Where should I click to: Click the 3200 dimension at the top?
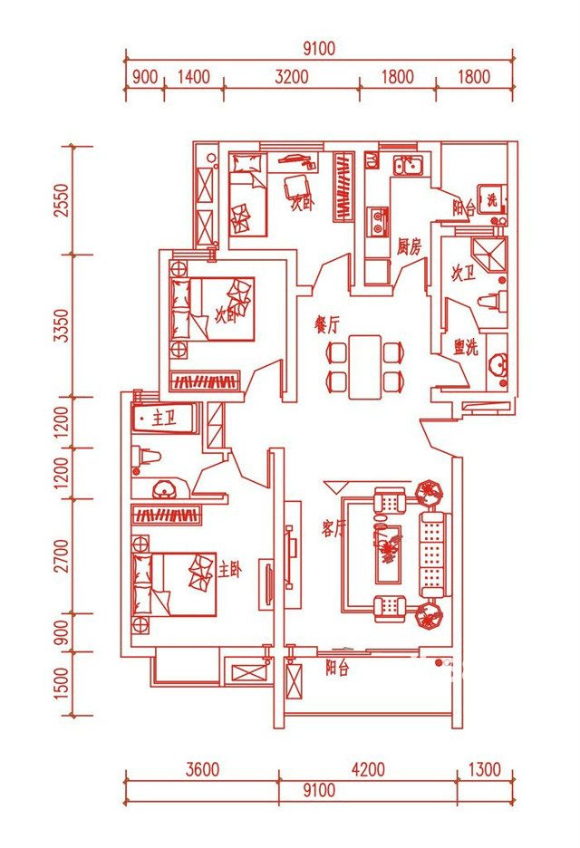point(292,77)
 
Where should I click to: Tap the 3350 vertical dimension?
point(62,325)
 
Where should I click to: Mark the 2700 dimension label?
point(62,555)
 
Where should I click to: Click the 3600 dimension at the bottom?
point(202,770)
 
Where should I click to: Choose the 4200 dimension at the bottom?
point(367,770)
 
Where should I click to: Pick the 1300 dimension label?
point(485,770)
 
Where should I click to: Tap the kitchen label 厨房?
point(410,246)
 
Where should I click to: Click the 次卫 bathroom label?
point(463,274)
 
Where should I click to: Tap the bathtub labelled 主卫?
point(164,419)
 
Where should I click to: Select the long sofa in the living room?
point(433,554)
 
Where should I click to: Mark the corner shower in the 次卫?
point(491,253)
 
